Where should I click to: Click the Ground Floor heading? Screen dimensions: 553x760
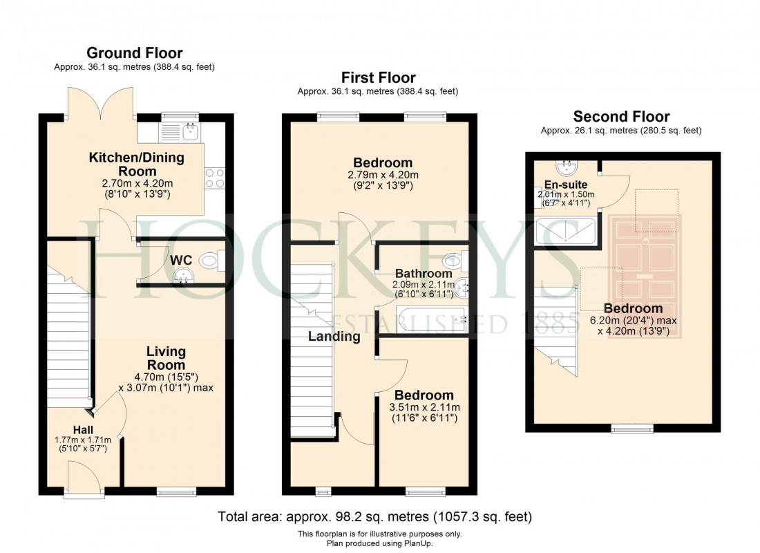pos(135,53)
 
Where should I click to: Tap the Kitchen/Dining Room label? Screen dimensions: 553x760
pos(137,164)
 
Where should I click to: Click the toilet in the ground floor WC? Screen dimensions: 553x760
pos(209,261)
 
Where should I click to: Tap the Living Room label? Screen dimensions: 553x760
pos(166,358)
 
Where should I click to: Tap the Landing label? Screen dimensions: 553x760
pos(334,337)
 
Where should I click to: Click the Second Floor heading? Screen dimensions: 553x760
pos(621,116)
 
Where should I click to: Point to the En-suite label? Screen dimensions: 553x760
pos(565,185)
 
